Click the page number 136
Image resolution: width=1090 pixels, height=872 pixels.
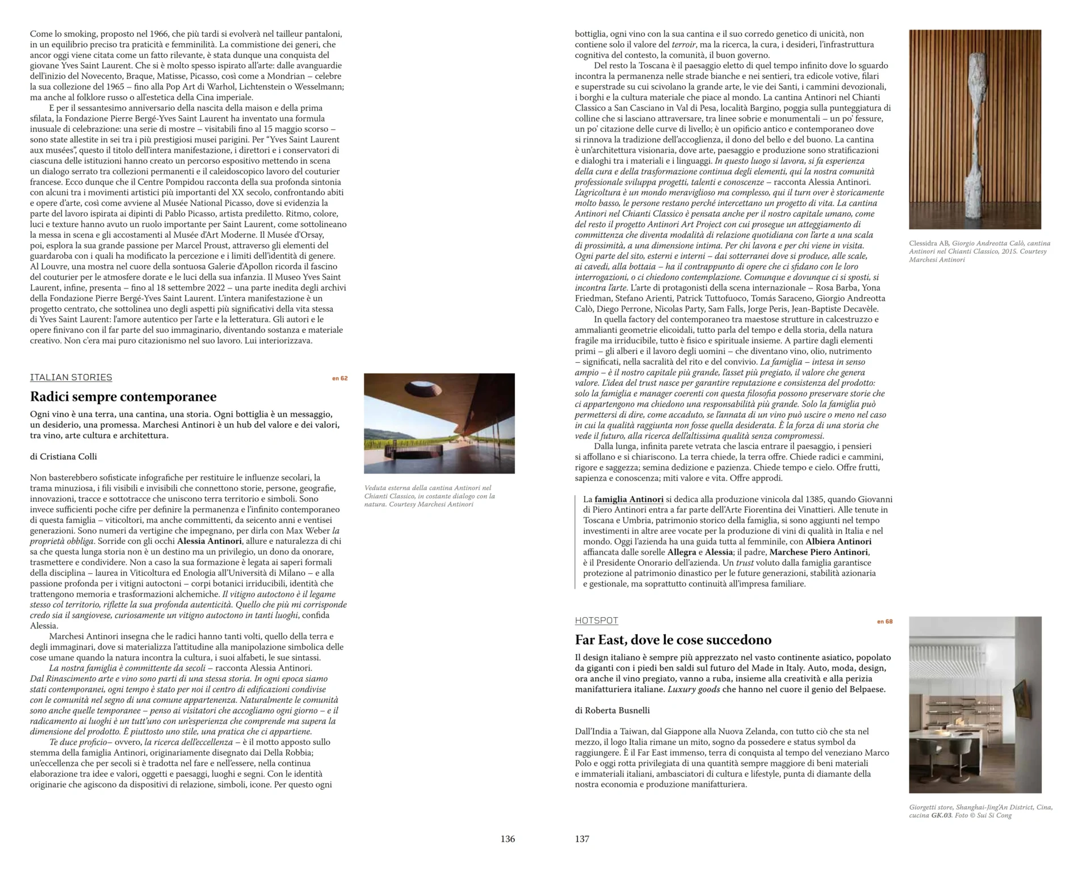(x=508, y=839)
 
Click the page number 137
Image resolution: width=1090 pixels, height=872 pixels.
(x=582, y=839)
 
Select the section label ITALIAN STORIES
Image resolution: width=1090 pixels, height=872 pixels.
(x=71, y=378)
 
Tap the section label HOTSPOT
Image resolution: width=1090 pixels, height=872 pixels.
(x=596, y=621)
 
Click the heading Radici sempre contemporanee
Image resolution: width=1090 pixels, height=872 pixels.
(x=123, y=396)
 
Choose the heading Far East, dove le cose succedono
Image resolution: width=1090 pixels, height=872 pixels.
(x=673, y=640)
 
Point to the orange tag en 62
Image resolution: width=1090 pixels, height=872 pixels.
(x=339, y=378)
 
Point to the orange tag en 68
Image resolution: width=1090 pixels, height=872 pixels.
(x=884, y=622)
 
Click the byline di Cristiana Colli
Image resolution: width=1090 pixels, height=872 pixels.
(x=64, y=456)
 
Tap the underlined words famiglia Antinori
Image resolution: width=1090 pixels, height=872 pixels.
(x=628, y=499)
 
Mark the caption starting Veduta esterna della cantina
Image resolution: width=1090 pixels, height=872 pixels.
(x=429, y=496)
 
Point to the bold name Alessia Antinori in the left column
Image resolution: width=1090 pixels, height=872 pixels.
(x=209, y=541)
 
